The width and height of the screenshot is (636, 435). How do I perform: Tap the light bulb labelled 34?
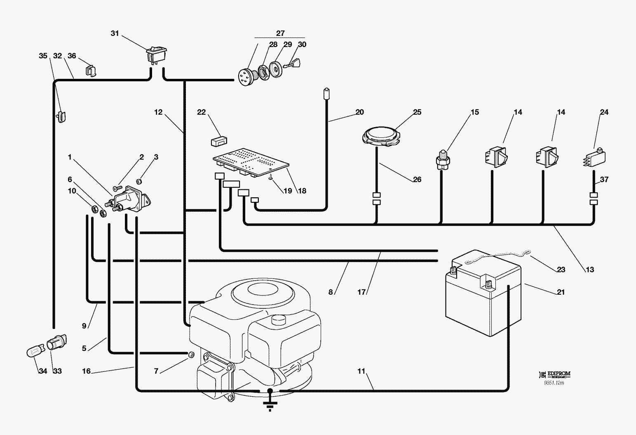point(35,352)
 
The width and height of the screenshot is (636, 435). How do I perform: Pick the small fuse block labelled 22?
point(218,141)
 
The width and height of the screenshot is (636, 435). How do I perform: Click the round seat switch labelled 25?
point(381,136)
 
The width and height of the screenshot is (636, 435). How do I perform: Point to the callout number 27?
point(280,33)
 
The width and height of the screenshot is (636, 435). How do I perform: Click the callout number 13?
point(590,270)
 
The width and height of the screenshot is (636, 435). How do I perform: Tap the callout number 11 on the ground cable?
point(361,371)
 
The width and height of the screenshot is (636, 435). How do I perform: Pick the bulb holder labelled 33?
point(57,343)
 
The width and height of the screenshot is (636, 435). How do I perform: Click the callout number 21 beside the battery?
point(561,292)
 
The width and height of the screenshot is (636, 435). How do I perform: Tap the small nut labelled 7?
point(190,355)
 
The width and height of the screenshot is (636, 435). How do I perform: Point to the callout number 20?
point(359,112)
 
